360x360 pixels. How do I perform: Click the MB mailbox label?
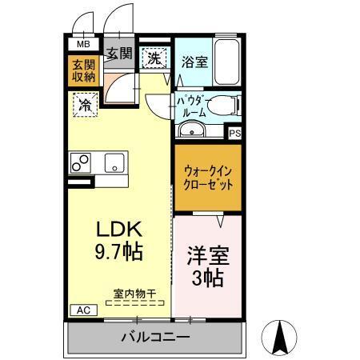(x=83, y=45)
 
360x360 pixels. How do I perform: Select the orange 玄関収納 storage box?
(x=82, y=70)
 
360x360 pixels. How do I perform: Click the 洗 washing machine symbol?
(x=154, y=57)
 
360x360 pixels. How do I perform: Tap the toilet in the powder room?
(x=226, y=105)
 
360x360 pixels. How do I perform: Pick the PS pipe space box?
(x=235, y=134)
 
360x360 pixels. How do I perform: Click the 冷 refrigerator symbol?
(x=82, y=103)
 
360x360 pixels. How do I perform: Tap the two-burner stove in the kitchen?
(x=82, y=162)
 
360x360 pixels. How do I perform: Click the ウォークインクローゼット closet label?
(x=208, y=178)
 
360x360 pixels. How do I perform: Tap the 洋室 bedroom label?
(x=208, y=258)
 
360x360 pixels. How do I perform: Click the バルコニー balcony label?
(x=155, y=337)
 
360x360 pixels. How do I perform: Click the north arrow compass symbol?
(x=282, y=337)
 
